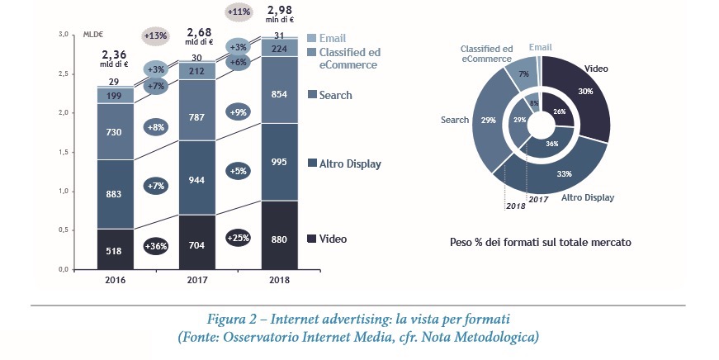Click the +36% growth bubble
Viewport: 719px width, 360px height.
point(156,246)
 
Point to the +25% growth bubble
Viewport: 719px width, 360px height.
point(239,238)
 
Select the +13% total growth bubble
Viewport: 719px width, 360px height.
point(155,36)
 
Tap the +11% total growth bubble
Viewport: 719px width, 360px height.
point(239,12)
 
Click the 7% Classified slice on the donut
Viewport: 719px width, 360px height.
point(523,74)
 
